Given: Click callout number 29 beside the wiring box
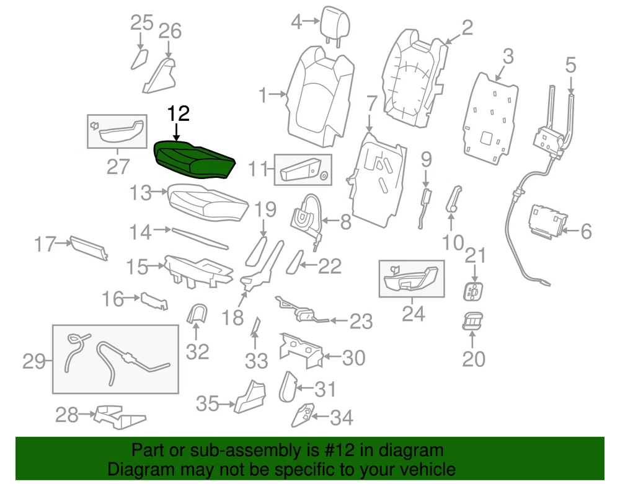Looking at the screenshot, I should click(35, 361).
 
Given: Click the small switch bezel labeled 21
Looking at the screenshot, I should click(474, 289).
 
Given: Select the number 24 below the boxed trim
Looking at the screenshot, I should click(413, 314).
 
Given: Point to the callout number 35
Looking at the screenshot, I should click(208, 404).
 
